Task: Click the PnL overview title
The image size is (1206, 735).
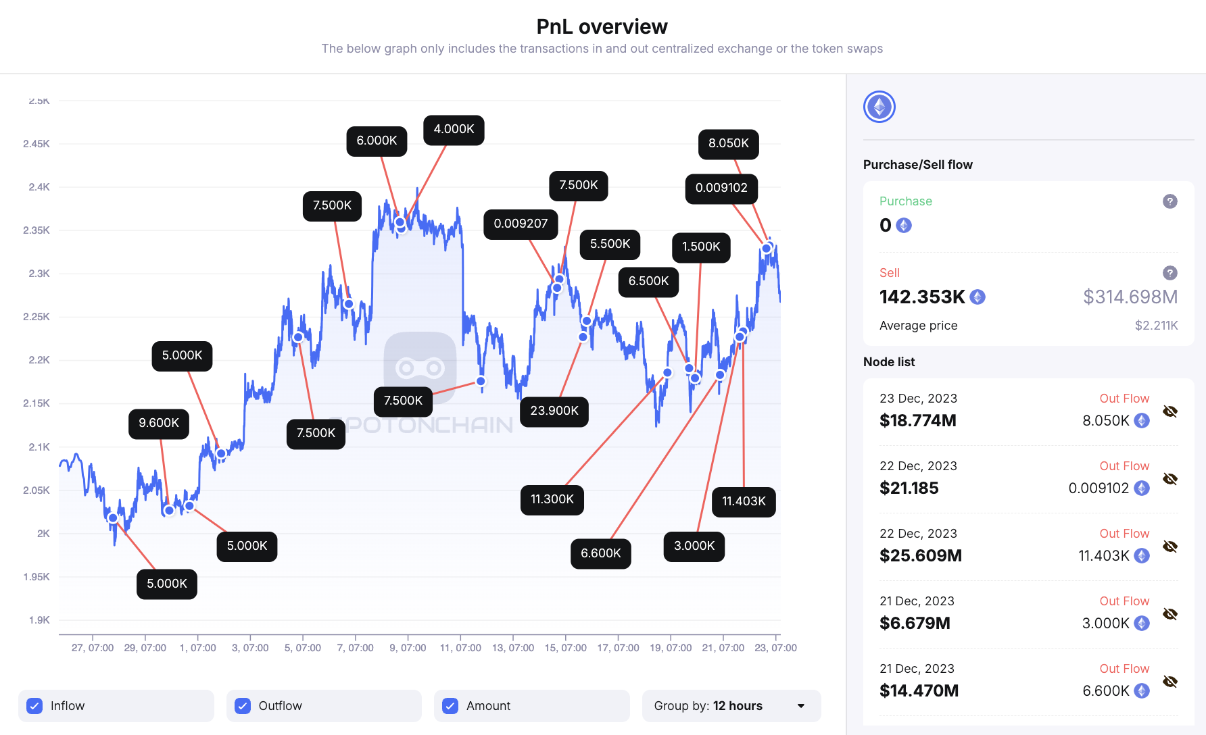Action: tap(602, 26)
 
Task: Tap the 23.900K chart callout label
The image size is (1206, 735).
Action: tap(554, 411)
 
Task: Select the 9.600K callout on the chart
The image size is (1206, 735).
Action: tap(159, 423)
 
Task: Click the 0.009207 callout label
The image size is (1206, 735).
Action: tap(521, 224)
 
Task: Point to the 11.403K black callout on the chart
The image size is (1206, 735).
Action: tap(744, 501)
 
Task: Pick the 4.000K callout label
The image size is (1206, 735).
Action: tap(454, 129)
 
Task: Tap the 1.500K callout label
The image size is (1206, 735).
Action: tap(701, 247)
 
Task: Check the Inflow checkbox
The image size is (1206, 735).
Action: tap(34, 706)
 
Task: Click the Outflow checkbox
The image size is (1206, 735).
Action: tap(243, 706)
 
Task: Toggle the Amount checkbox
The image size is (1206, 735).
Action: tap(450, 706)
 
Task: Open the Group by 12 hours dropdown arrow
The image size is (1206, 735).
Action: tap(801, 706)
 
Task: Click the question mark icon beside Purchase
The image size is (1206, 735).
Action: tap(1169, 201)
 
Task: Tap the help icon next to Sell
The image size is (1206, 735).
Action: tap(1169, 273)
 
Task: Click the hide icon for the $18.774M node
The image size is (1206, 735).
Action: tap(1169, 411)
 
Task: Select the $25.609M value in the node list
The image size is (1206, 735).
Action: tap(920, 555)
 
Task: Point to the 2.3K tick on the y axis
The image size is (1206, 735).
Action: tap(39, 274)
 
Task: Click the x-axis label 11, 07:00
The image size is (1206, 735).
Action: tap(460, 648)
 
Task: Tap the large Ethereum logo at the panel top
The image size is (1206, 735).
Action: tap(879, 107)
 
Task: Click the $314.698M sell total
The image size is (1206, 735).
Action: tap(1130, 297)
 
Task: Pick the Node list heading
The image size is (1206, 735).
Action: tap(888, 362)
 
